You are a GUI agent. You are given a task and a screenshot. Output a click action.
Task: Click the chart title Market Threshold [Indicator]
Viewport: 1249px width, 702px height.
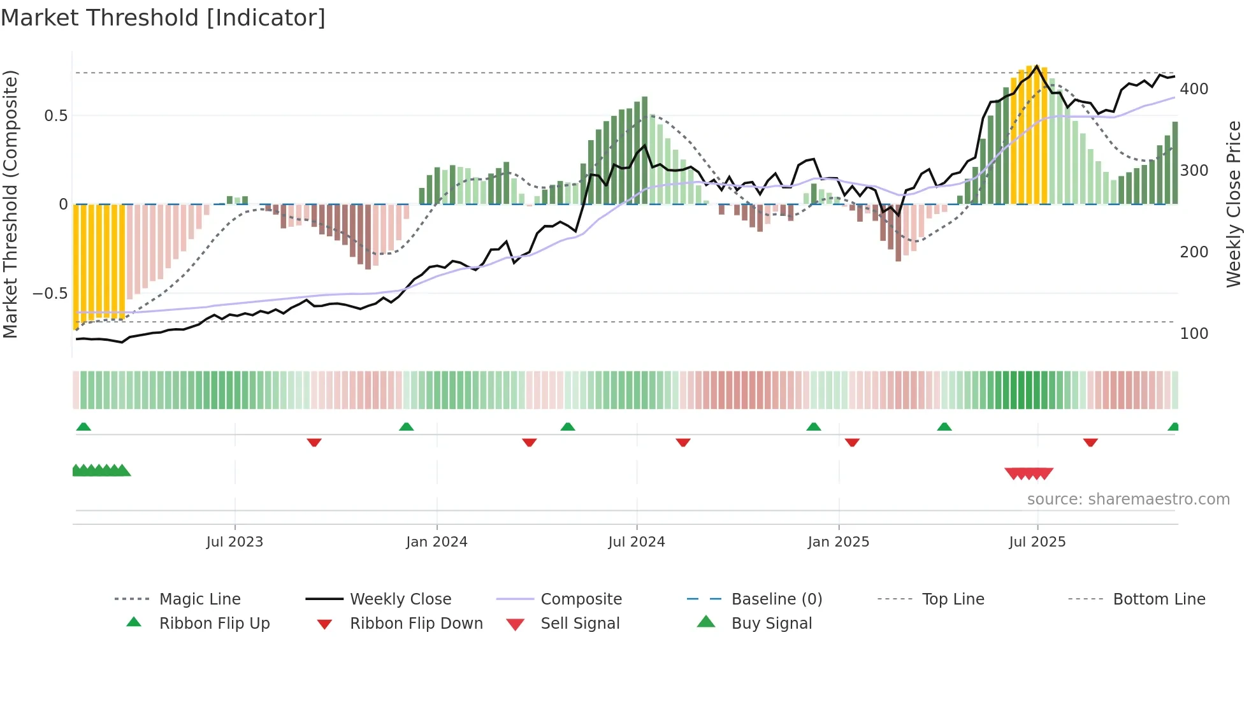coord(163,18)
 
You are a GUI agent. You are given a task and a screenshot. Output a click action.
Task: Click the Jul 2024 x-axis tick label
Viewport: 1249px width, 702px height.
coord(636,542)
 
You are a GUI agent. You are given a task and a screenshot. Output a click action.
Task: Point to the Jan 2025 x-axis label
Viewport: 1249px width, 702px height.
coord(838,542)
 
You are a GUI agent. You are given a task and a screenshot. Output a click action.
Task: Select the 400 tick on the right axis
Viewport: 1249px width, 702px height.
coord(1194,89)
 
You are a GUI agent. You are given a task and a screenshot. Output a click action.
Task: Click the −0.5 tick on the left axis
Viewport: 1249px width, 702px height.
coord(50,294)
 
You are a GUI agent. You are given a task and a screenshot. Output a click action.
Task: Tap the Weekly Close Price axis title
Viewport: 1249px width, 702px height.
coord(1234,204)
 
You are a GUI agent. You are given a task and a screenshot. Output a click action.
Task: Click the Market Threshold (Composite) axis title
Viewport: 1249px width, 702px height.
coord(10,204)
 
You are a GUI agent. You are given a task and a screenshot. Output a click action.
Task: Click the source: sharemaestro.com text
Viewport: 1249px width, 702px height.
coord(1128,499)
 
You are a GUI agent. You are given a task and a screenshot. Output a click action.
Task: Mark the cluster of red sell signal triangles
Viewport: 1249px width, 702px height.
coord(1029,473)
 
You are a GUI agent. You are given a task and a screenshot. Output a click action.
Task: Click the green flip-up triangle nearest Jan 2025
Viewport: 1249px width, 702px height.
coord(814,427)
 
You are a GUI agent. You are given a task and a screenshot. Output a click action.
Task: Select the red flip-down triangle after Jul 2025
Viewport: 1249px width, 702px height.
coord(1090,442)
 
